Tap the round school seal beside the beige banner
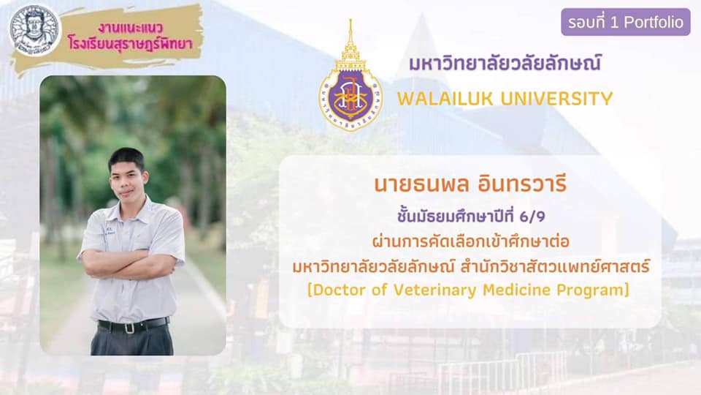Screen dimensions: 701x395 [x=34, y=31]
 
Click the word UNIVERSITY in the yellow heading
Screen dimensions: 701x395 [x=556, y=99]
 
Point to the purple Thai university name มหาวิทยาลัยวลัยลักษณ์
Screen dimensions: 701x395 [x=505, y=63]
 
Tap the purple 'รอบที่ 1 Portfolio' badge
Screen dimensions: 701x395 [x=626, y=22]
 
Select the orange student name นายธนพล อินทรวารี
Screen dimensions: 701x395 [x=470, y=184]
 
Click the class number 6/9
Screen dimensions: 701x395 [x=532, y=217]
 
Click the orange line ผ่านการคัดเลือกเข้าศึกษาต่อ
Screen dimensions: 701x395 [x=471, y=241]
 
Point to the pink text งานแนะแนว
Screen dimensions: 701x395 [x=131, y=29]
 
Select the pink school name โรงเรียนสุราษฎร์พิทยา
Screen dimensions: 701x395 [x=131, y=43]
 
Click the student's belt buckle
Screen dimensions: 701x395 [x=129, y=328]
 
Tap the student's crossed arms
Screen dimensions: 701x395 [x=131, y=263]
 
